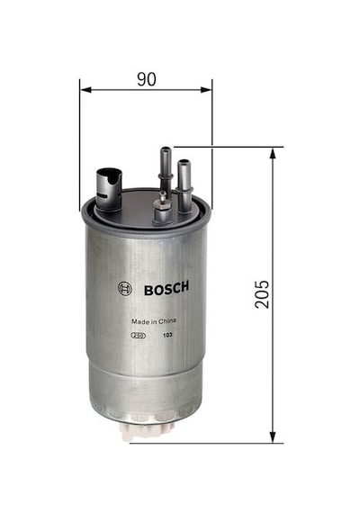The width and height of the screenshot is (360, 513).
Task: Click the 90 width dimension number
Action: click(147, 79)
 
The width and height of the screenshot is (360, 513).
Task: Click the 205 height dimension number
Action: click(262, 293)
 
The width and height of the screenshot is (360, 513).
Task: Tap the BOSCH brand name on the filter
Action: click(166, 288)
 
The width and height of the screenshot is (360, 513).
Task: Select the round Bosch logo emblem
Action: click(125, 289)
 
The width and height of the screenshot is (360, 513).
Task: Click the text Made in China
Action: click(154, 321)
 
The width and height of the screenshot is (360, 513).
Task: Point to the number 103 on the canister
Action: click(168, 335)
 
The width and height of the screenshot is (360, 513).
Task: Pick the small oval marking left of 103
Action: click(139, 336)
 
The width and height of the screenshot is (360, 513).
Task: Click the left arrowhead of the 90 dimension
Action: click(85, 90)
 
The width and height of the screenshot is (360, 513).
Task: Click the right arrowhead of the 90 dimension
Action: click(206, 90)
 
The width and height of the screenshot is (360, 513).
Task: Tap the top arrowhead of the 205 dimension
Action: click(273, 153)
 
